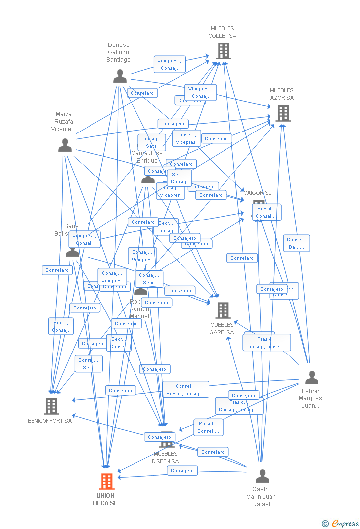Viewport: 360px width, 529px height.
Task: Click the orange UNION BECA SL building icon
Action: [107, 481]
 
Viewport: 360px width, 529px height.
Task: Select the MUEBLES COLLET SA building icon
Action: [223, 50]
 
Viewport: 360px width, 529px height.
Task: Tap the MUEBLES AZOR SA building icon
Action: [282, 113]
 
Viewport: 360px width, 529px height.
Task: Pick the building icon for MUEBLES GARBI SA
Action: [223, 310]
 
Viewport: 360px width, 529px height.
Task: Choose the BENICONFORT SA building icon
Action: [51, 406]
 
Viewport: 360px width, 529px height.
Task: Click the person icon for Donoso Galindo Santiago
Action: [120, 76]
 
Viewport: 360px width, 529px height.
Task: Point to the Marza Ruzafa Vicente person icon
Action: [65, 145]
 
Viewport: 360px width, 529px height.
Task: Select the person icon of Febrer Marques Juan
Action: [311, 377]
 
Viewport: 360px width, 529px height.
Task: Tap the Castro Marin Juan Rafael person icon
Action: [262, 476]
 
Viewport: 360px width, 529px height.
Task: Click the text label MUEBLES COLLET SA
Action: [223, 32]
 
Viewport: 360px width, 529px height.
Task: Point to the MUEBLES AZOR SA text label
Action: [282, 94]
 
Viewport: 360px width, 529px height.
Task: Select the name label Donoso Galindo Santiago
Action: [119, 52]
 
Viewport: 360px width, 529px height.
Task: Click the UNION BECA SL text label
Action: [105, 499]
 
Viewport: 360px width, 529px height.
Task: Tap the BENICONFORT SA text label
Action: [49, 421]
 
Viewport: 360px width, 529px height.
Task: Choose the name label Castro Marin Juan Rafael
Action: [261, 497]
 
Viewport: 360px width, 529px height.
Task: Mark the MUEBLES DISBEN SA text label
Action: [166, 458]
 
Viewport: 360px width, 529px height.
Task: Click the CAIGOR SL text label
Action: [257, 193]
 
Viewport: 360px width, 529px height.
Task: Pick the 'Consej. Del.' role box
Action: [296, 243]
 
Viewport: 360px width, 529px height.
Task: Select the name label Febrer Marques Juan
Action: [310, 398]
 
